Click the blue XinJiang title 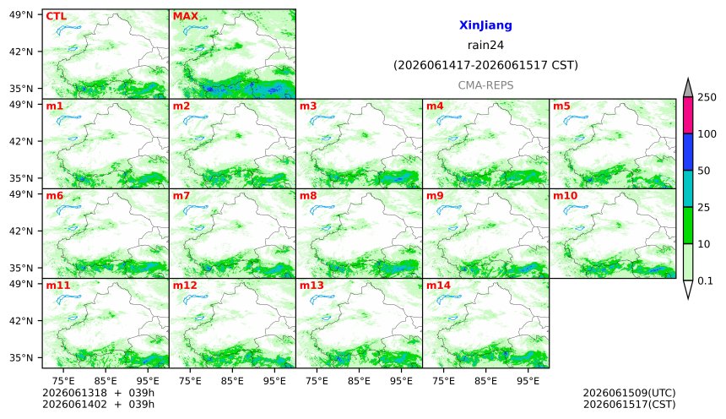[x=485, y=25]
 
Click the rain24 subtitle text [x=485, y=45]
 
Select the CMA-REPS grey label [x=485, y=85]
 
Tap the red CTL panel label [x=56, y=16]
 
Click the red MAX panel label [x=185, y=16]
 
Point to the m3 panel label [x=308, y=106]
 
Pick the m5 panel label [x=561, y=106]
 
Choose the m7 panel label [x=181, y=196]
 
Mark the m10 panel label [x=566, y=196]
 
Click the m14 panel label [x=438, y=285]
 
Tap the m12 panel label [x=185, y=285]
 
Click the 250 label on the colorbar [x=707, y=97]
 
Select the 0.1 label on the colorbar [x=705, y=280]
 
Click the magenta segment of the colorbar [x=688, y=116]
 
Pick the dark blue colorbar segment [x=688, y=152]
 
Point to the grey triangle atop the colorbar [x=688, y=89]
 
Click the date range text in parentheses [x=485, y=65]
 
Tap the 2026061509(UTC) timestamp [x=629, y=393]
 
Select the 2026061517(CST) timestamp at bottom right [x=629, y=404]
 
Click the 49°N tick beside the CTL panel [x=21, y=15]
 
